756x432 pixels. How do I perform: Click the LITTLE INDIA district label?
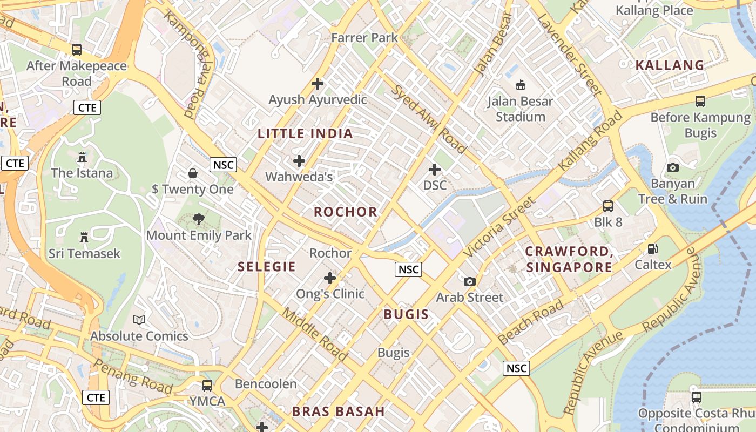(305, 134)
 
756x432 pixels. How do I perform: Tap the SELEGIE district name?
(267, 266)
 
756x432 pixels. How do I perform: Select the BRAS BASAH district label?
(339, 411)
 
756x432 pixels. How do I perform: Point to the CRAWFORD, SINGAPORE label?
(569, 259)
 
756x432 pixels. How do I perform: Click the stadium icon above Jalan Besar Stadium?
(521, 85)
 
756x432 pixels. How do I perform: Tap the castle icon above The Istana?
(82, 157)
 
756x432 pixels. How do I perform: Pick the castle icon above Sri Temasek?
(84, 238)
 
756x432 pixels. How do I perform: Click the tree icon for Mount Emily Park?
(199, 219)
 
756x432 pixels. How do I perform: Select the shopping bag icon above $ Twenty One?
(193, 173)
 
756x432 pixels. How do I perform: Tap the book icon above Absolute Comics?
(139, 320)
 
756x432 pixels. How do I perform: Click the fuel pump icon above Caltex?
(653, 249)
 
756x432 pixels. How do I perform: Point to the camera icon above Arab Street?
(470, 281)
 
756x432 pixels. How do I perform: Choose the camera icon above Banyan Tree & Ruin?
(672, 167)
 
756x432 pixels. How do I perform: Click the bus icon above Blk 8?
(608, 206)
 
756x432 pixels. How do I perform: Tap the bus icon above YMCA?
(207, 386)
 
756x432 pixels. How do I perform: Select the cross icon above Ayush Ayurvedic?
(318, 84)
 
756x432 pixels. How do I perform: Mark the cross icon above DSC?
(435, 170)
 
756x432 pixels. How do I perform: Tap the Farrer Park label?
(364, 38)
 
